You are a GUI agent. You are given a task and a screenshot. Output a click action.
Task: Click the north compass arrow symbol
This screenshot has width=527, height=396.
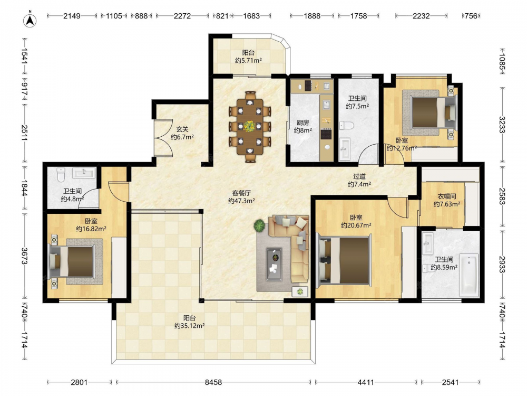[x=30, y=20]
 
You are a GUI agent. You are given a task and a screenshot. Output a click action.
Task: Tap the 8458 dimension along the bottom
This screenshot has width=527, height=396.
[x=213, y=382]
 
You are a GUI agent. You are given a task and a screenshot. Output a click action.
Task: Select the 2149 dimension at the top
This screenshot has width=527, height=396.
[x=72, y=16]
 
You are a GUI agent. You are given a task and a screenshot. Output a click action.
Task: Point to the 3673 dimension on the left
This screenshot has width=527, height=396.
[x=25, y=256]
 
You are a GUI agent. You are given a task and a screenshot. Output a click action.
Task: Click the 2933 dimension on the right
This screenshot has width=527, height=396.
[x=502, y=265]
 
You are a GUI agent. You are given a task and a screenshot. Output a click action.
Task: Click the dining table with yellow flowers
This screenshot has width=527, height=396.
[x=250, y=127]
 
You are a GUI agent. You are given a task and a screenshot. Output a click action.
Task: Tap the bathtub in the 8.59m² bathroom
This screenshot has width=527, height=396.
[x=469, y=275]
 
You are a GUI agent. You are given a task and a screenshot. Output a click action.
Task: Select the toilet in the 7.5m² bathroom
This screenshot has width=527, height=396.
[x=347, y=126]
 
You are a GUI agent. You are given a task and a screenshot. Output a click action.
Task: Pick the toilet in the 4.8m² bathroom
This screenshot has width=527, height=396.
[x=61, y=174]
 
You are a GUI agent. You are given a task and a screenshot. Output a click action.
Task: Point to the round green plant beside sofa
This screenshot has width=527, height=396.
[x=259, y=225]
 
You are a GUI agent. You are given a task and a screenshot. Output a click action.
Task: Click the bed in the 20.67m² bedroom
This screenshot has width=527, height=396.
[x=345, y=261]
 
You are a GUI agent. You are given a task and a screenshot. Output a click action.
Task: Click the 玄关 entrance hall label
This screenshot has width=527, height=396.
[x=182, y=129]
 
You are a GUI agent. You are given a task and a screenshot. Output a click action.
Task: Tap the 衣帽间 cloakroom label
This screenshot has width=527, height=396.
[x=447, y=196]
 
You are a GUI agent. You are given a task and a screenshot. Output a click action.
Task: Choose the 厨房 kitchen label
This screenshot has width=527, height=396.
[x=303, y=122]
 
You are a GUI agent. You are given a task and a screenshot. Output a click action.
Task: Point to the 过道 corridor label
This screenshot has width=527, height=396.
[x=359, y=176]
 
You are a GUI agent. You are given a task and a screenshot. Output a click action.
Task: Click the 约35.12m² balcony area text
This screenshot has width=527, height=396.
[x=190, y=326]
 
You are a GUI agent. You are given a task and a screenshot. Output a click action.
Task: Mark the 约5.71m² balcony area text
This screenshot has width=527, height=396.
[x=248, y=61]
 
